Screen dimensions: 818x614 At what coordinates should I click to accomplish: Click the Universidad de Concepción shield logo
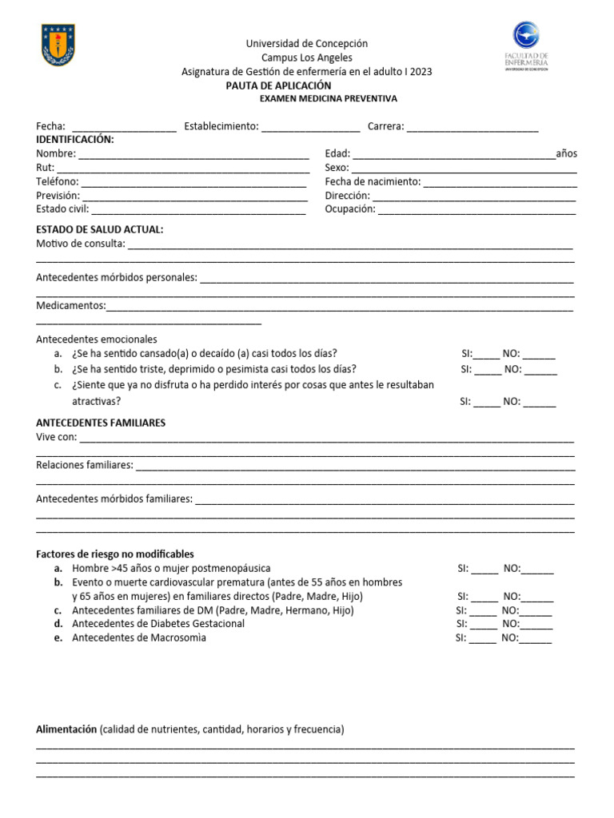(x=58, y=45)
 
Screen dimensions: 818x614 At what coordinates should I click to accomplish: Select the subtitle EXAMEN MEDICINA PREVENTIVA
(x=329, y=98)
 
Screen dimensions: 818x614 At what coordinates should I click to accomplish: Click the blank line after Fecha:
(x=124, y=127)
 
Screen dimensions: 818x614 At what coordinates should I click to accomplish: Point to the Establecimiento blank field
(x=310, y=127)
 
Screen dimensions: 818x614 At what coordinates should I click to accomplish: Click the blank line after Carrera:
(x=472, y=127)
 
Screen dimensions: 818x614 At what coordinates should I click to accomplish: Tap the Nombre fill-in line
(x=193, y=154)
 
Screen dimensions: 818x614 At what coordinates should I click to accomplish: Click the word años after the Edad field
(x=566, y=153)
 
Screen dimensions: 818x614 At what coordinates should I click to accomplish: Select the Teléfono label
(x=57, y=181)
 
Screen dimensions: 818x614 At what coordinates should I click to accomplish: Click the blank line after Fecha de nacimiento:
(x=500, y=182)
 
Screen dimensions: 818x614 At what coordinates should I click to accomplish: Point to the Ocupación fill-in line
(x=476, y=209)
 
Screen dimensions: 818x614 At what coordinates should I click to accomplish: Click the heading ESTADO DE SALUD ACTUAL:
(x=100, y=229)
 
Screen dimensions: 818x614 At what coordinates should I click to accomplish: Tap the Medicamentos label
(x=70, y=305)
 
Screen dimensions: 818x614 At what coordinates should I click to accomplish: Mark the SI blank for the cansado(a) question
(x=487, y=355)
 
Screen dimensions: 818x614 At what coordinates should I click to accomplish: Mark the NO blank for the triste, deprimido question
(x=541, y=370)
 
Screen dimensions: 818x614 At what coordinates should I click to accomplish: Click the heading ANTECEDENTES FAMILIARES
(x=101, y=423)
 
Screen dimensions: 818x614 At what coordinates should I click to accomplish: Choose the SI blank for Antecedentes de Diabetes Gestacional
(x=483, y=624)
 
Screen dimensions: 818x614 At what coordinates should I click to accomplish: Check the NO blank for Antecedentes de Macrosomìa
(x=536, y=637)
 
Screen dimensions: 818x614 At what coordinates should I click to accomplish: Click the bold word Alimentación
(x=66, y=729)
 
